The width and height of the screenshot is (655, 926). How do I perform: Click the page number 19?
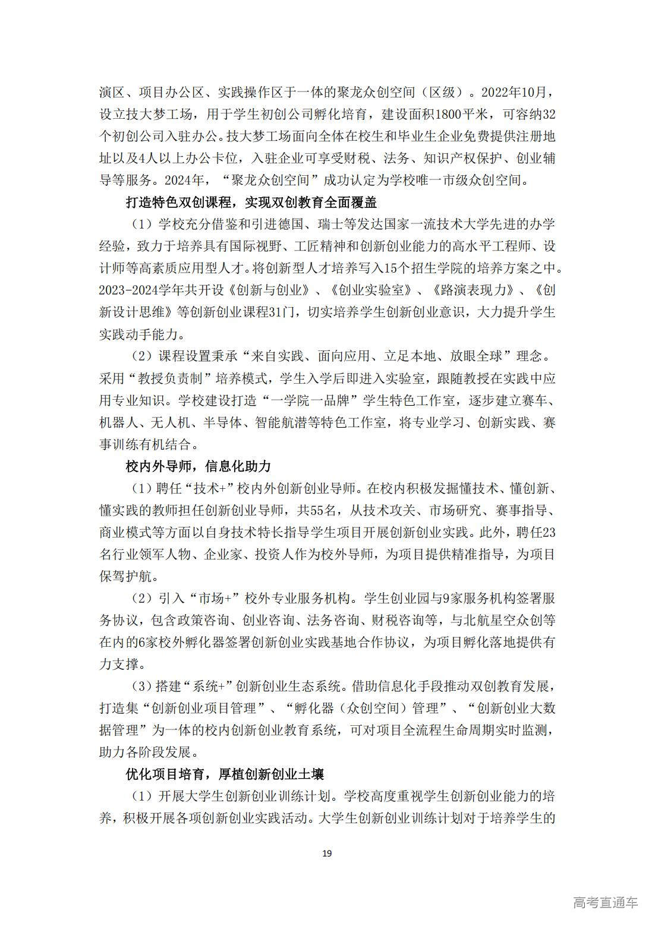(327, 854)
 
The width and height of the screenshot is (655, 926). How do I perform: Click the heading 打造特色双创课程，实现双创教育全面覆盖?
(251, 203)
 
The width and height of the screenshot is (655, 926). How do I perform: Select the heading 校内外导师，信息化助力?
(199, 466)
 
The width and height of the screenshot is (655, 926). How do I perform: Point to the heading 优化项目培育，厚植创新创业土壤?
(225, 775)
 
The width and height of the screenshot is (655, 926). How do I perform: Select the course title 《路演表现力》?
(473, 290)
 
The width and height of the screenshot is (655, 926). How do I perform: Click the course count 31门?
(279, 312)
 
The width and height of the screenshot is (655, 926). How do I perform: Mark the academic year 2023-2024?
(133, 290)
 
